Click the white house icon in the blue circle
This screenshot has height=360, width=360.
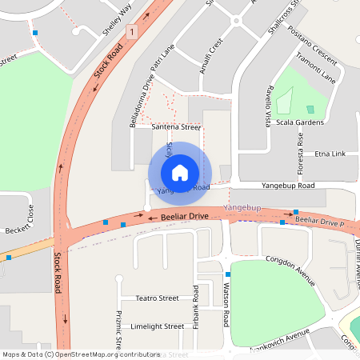click(180, 172)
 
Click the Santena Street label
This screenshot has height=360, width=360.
click(175, 126)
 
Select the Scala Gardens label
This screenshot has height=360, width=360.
click(298, 122)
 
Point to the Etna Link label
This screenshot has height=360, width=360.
click(330, 153)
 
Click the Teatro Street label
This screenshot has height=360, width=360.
click(156, 298)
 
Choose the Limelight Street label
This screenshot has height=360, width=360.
click(157, 326)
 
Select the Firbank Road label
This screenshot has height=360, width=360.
click(195, 305)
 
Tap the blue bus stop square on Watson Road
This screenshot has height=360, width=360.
click(227, 275)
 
